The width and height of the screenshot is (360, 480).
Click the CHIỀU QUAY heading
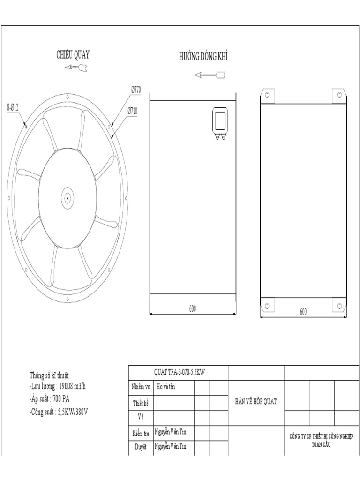[x=73, y=55]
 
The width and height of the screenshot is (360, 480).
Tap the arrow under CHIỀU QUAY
[x=76, y=68]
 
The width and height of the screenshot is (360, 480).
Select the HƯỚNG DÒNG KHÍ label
[x=203, y=57]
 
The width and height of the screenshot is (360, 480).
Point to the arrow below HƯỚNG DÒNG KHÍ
[x=210, y=75]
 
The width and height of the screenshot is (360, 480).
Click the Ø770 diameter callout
[x=136, y=89]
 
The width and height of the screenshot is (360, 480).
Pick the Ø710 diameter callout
[x=132, y=112]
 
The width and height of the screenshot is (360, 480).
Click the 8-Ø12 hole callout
[x=13, y=107]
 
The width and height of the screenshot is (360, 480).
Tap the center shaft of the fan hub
[x=67, y=198]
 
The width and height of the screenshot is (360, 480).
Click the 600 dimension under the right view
[x=303, y=311]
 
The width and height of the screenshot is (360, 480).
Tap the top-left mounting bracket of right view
[x=267, y=95]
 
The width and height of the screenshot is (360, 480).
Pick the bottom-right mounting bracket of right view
[x=339, y=305]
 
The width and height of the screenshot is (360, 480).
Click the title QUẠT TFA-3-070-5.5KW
[x=180, y=372]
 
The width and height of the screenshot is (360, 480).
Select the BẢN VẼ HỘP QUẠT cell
[x=256, y=401]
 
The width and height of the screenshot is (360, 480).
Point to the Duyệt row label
[x=141, y=447]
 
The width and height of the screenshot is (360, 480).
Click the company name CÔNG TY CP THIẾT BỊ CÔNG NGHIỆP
[x=322, y=436]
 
